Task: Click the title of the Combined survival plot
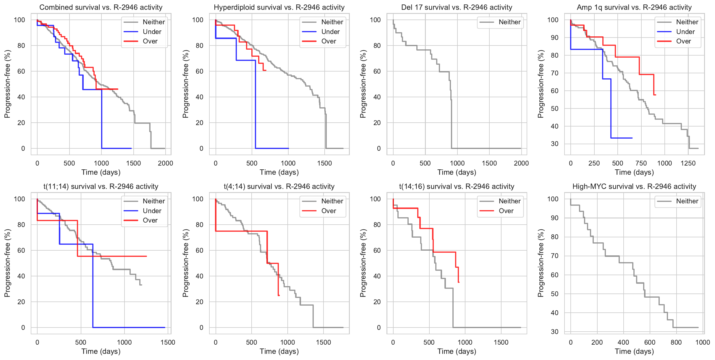click(x=101, y=7)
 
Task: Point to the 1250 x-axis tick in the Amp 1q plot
click(x=688, y=163)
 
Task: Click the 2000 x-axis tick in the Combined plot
click(x=165, y=163)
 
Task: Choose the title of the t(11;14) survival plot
click(x=101, y=187)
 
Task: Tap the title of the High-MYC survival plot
click(x=634, y=187)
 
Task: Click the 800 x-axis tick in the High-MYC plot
click(x=676, y=342)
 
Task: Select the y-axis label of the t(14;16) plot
click(x=363, y=263)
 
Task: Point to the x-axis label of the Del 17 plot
click(x=457, y=172)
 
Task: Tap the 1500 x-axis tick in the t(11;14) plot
click(x=168, y=342)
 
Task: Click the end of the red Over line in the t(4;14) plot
click(x=279, y=295)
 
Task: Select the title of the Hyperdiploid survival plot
click(x=279, y=7)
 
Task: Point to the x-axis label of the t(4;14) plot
click(x=279, y=351)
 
